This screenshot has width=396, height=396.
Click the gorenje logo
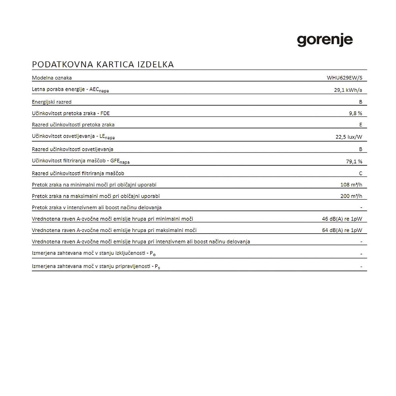point(325,41)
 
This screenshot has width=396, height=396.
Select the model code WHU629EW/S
point(345,78)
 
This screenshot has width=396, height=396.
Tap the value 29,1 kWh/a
point(348,90)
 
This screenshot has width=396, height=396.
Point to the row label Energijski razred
point(51,102)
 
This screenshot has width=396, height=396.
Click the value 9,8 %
point(355,113)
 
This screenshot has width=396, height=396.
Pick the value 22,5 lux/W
point(349,137)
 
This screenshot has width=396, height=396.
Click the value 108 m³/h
point(351,185)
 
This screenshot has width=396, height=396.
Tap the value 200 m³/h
point(351,196)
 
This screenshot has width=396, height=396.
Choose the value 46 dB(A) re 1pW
point(342,219)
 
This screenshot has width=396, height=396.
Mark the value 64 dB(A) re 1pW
point(342,230)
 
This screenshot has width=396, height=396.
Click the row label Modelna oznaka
point(52,78)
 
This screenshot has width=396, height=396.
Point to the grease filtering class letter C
point(360,173)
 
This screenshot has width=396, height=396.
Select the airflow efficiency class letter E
point(360,125)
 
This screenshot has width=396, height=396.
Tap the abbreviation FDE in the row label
point(105,113)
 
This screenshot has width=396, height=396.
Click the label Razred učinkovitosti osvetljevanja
point(73,149)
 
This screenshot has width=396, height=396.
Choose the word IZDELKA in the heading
point(155,64)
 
